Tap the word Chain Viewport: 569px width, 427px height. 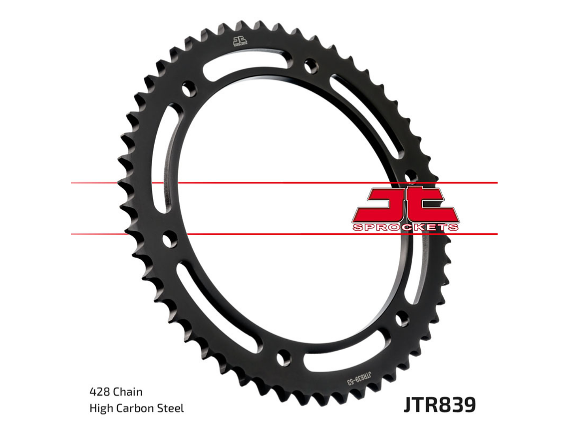(x=127, y=392)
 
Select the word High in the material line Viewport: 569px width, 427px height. (x=100, y=408)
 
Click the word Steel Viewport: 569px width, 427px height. (x=171, y=408)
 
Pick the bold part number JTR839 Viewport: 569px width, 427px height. (x=439, y=405)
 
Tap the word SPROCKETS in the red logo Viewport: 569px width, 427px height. (x=405, y=228)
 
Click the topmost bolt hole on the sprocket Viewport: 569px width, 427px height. (x=310, y=64)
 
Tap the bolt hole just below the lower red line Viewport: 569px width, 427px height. (x=170, y=240)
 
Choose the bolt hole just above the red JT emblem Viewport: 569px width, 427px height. (x=410, y=176)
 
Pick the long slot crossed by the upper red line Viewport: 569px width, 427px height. (x=162, y=165)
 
